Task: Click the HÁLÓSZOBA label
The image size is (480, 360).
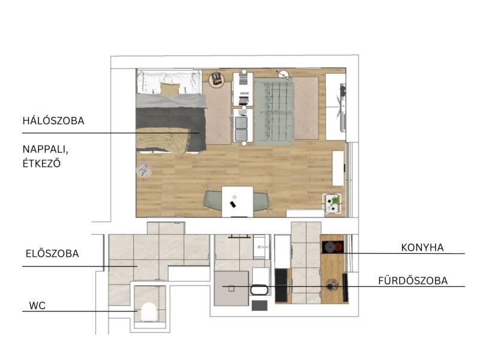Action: pyautogui.click(x=53, y=121)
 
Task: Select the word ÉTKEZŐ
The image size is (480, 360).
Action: pyautogui.click(x=41, y=163)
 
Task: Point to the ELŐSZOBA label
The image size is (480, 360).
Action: pyautogui.click(x=52, y=253)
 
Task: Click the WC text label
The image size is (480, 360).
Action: pyautogui.click(x=37, y=305)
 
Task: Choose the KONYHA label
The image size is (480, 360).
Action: pyautogui.click(x=422, y=247)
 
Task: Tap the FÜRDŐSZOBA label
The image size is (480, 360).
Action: pyautogui.click(x=413, y=281)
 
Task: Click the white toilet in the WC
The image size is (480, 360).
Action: pyautogui.click(x=149, y=312)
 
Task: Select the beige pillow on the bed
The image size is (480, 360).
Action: pyautogui.click(x=169, y=89)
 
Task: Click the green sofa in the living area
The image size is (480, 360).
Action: pyautogui.click(x=274, y=111)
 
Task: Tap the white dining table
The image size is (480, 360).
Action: pyautogui.click(x=238, y=202)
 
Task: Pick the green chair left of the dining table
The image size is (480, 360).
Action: pyautogui.click(x=214, y=201)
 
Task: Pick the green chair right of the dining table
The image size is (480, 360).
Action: pyautogui.click(x=261, y=202)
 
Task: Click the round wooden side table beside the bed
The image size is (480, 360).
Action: pyautogui.click(x=217, y=80)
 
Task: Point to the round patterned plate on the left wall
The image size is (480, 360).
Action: pyautogui.click(x=144, y=170)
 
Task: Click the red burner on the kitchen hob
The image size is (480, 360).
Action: pyautogui.click(x=339, y=247)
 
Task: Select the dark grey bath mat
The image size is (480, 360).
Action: pyautogui.click(x=260, y=305)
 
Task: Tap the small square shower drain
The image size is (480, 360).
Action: pyautogui.click(x=232, y=289)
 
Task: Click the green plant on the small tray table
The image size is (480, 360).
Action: pyautogui.click(x=335, y=200)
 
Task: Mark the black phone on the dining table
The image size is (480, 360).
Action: pyautogui.click(x=233, y=205)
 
